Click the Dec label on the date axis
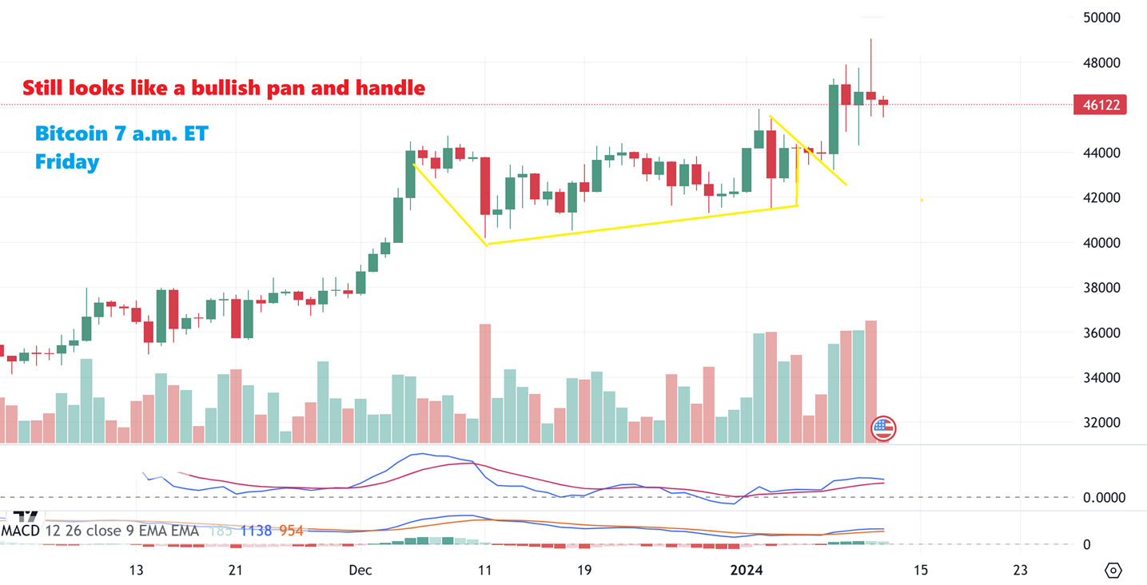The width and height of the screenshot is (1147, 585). tap(360, 570)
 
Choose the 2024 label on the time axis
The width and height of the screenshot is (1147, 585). tap(747, 570)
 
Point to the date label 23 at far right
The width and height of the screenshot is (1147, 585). tap(1019, 570)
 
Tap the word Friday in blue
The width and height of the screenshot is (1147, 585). tap(67, 162)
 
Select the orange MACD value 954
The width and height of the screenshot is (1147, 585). tap(291, 531)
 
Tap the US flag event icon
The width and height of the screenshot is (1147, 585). tap(882, 428)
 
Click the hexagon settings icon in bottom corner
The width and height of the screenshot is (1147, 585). tap(1113, 570)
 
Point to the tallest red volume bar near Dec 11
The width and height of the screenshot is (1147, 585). tap(484, 383)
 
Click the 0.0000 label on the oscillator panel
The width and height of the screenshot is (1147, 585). tap(1103, 498)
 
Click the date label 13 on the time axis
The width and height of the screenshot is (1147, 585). tap(136, 570)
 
